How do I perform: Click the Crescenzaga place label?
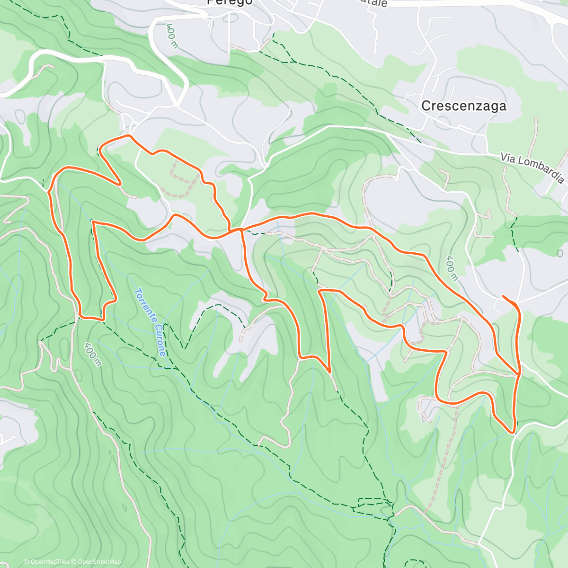coord(463,106)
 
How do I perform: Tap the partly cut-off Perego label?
coord(230,2)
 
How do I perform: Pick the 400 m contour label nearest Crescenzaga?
coord(452,268)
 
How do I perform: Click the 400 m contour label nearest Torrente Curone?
coord(93,354)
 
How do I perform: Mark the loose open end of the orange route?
coord(503,296)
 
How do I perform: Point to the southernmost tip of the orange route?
coord(513,432)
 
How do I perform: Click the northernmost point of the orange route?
coord(127,136)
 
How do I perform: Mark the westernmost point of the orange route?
coord(49,192)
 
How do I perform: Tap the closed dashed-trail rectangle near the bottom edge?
coord(373,503)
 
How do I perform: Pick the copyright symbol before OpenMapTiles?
coord(27,562)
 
